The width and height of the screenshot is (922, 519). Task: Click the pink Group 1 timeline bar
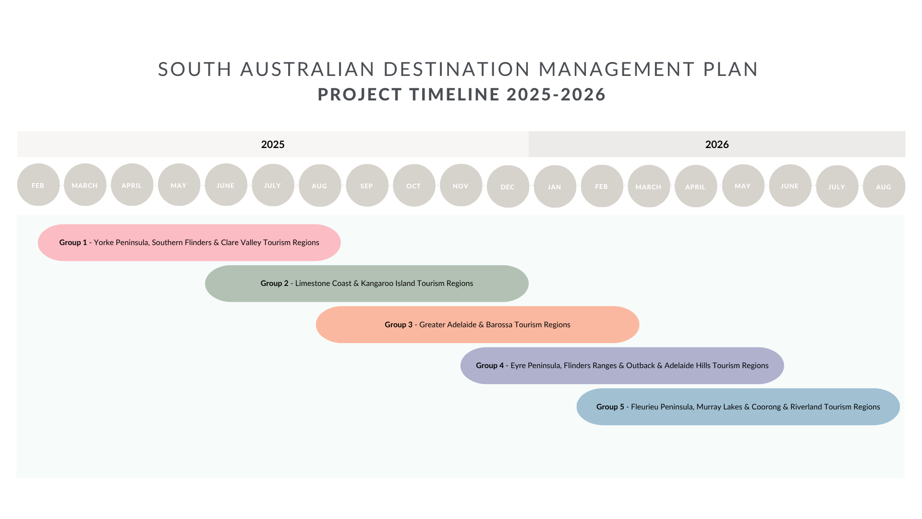pyautogui.click(x=189, y=243)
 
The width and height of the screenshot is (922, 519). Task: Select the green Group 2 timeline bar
pyautogui.click(x=367, y=284)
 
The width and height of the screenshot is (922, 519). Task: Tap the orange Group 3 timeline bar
pyautogui.click(x=477, y=325)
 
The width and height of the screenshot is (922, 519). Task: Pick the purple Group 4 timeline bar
pyautogui.click(x=622, y=366)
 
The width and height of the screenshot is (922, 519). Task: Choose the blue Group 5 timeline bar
pyautogui.click(x=738, y=407)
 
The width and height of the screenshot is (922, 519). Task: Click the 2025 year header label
pyautogui.click(x=273, y=145)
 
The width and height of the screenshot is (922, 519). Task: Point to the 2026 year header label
pyautogui.click(x=717, y=145)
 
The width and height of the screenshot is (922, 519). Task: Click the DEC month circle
pyautogui.click(x=508, y=186)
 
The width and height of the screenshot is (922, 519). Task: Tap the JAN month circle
pyautogui.click(x=555, y=186)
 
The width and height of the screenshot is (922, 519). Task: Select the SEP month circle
pyautogui.click(x=367, y=185)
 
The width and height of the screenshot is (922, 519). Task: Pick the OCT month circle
pyautogui.click(x=414, y=185)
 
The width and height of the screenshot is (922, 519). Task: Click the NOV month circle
pyautogui.click(x=461, y=185)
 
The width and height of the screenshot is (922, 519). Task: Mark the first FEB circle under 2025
pyautogui.click(x=38, y=185)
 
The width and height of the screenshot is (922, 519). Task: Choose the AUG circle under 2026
pyautogui.click(x=884, y=186)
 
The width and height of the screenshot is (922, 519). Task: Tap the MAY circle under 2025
pyautogui.click(x=179, y=185)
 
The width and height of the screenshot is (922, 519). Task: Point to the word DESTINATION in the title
pyautogui.click(x=457, y=69)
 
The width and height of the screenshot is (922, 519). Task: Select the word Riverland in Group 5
pyautogui.click(x=806, y=407)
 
